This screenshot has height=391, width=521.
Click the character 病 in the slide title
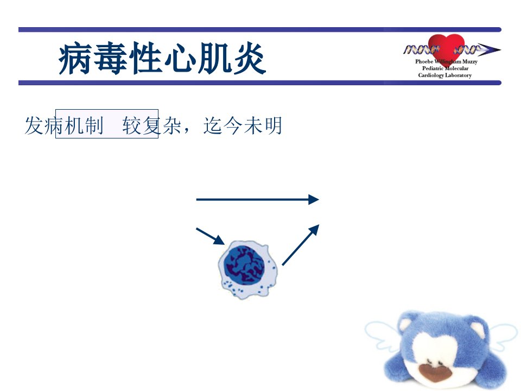(75, 59)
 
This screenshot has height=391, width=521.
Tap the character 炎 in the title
(249, 59)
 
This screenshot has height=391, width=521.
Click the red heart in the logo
(446, 48)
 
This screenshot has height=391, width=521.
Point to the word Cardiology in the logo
(431, 75)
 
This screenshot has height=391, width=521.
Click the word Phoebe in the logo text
(424, 61)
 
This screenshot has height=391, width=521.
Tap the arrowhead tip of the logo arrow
(500, 50)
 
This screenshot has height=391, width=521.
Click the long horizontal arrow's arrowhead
(314, 199)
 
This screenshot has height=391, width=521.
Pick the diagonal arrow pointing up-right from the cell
(301, 245)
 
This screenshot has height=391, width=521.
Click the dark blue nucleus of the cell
(244, 266)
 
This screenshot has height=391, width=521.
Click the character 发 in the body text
(34, 125)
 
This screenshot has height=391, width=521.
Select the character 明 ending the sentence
(273, 125)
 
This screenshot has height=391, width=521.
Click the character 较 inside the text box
(132, 125)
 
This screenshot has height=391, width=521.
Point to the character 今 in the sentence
(233, 125)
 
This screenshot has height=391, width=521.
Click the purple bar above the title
(260, 29)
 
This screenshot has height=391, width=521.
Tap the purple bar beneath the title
(260, 83)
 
